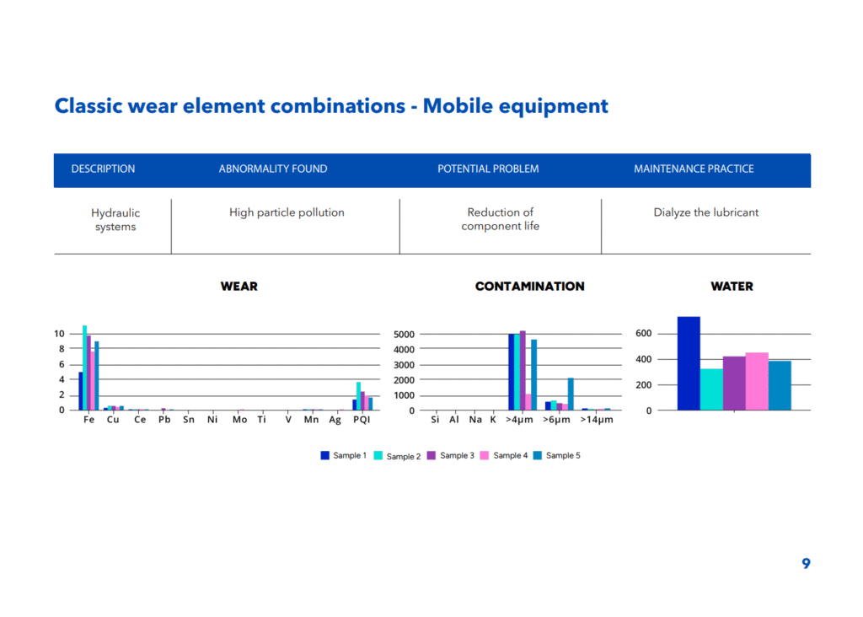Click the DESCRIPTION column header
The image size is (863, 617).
(x=103, y=169)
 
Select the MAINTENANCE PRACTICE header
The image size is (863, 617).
(x=694, y=169)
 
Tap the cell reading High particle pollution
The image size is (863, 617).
(x=287, y=212)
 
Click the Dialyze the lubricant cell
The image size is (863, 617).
(x=705, y=212)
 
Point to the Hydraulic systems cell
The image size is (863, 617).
(x=115, y=220)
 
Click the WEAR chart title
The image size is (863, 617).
(x=239, y=287)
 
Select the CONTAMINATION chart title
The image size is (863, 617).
(x=529, y=287)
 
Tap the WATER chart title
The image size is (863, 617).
(x=732, y=287)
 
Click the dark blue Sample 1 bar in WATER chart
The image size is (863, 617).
(x=689, y=363)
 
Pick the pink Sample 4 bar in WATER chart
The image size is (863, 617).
(x=757, y=382)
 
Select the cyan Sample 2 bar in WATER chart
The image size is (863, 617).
(x=711, y=389)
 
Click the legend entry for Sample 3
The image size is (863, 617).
(x=451, y=456)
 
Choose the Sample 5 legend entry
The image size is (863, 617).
(x=557, y=456)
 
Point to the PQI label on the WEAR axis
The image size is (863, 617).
(x=362, y=420)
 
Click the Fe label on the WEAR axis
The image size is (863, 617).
(x=89, y=420)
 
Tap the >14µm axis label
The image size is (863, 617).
(x=597, y=420)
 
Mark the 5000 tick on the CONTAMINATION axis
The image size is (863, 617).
(x=404, y=334)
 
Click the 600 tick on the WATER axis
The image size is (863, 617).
(x=643, y=333)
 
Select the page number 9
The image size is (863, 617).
(x=806, y=564)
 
